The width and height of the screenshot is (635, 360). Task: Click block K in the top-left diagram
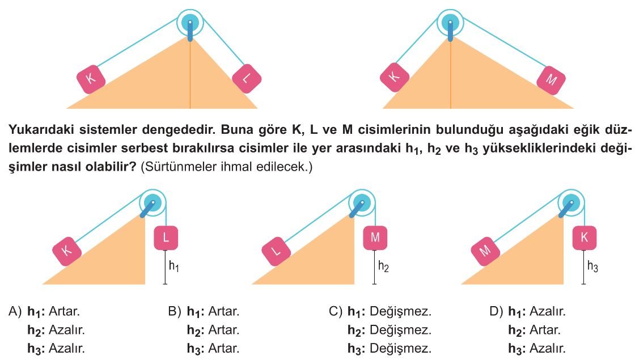click(x=91, y=79)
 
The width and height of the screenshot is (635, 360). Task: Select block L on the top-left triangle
click(x=247, y=79)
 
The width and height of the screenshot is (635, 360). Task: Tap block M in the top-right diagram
click(x=551, y=79)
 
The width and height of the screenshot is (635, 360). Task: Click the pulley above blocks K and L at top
click(x=190, y=23)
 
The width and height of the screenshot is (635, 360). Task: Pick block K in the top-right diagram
click(x=395, y=77)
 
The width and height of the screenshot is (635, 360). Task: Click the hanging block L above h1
click(x=166, y=238)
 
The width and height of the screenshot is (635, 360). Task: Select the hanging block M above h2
click(x=375, y=238)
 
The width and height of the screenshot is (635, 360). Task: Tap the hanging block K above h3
click(x=585, y=238)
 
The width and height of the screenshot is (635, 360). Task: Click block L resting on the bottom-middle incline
click(x=276, y=252)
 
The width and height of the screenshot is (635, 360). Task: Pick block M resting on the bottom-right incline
click(x=485, y=252)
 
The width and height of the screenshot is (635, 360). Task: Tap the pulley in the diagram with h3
click(x=571, y=202)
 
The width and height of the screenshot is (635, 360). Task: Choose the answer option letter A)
click(x=15, y=311)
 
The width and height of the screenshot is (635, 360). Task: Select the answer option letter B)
click(x=175, y=311)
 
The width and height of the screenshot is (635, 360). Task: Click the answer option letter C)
click(x=336, y=311)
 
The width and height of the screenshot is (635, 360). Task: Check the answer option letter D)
click(x=496, y=311)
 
